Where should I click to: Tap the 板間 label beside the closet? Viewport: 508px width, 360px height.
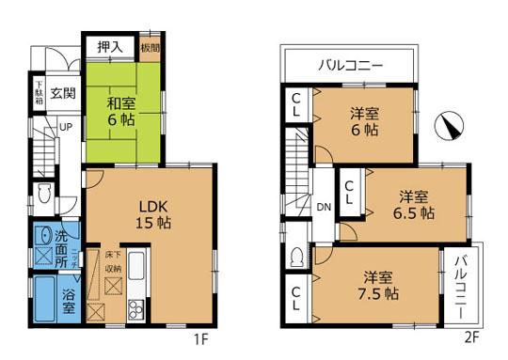[x=150, y=48]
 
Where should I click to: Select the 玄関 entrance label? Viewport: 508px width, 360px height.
[x=63, y=93]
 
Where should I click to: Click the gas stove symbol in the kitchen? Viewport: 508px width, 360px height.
[x=135, y=308]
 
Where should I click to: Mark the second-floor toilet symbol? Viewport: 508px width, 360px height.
[x=296, y=257]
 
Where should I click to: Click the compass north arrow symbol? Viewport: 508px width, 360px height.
[x=450, y=125]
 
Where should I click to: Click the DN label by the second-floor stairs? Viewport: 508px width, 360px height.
[x=323, y=208]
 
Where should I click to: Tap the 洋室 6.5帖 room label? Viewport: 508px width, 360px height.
[x=414, y=205]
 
